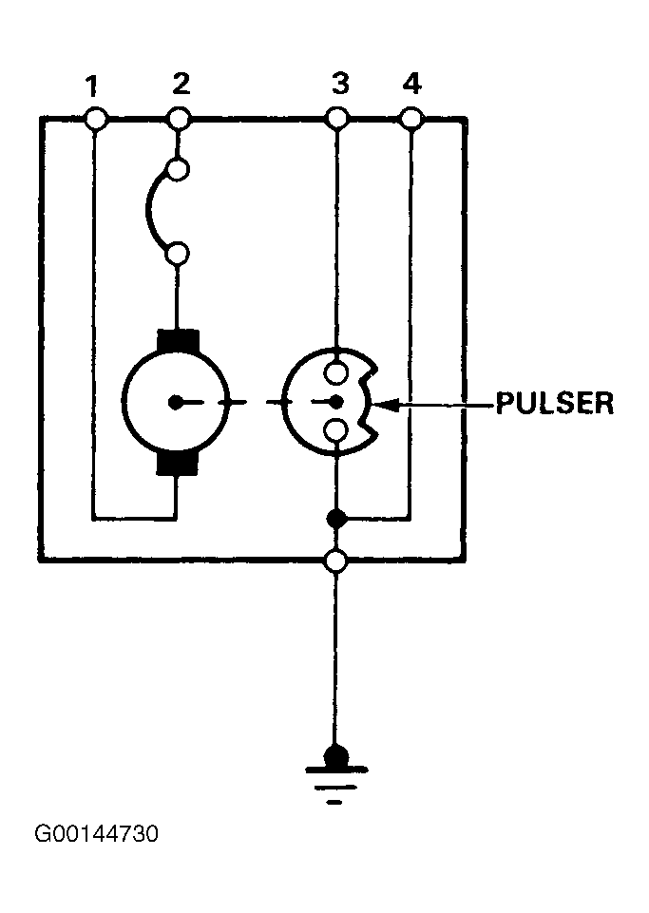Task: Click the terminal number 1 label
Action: (91, 86)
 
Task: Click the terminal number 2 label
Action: (181, 84)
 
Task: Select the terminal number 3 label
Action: (340, 84)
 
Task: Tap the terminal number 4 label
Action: (411, 84)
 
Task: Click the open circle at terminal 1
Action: (96, 119)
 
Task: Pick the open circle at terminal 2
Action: (179, 119)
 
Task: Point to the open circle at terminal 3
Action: (336, 119)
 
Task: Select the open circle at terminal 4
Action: (411, 119)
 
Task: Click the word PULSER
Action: (555, 403)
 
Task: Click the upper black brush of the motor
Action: (178, 341)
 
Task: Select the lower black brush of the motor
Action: (178, 464)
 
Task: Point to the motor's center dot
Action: (175, 402)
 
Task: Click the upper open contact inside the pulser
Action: (336, 372)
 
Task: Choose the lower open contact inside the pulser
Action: (336, 431)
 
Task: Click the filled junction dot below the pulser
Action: (336, 518)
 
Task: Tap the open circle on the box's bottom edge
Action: (336, 561)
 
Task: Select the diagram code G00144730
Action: (97, 834)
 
